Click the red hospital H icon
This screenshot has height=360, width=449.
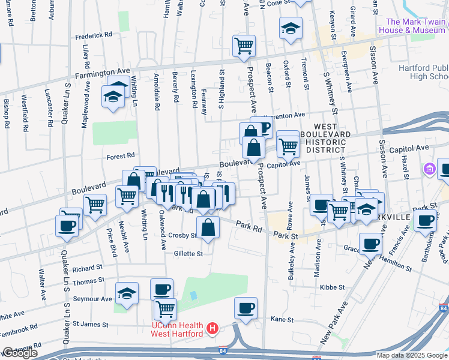click(x=211, y=329)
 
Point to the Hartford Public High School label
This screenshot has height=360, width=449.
click(x=424, y=72)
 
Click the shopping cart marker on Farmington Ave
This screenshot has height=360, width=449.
click(x=244, y=46)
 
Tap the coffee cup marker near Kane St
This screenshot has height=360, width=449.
click(x=246, y=309)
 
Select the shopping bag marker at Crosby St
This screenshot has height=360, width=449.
click(x=208, y=228)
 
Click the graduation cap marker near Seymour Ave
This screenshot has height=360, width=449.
click(x=127, y=294)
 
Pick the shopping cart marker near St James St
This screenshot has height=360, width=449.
click(x=165, y=310)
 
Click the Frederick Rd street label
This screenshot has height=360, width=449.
click(x=94, y=36)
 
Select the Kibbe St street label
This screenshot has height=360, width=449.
click(x=332, y=287)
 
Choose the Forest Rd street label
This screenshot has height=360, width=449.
click(x=120, y=156)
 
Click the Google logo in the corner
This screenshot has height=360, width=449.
click(x=20, y=353)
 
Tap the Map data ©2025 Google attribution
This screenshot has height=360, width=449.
click(x=411, y=355)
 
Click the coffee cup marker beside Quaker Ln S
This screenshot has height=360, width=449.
click(x=67, y=226)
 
